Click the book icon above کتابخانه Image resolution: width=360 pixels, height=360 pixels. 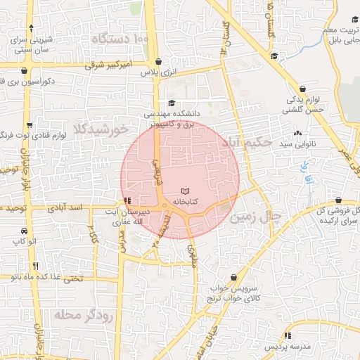[185, 191]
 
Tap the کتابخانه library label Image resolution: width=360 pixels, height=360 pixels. [185, 202]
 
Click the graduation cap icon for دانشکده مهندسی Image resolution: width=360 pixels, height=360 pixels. [171, 103]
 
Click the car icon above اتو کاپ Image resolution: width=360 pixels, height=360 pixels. [24, 231]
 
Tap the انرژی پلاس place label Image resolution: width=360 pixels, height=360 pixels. [156, 72]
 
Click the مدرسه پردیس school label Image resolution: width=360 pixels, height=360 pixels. [286, 348]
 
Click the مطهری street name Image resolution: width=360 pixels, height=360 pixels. [193, 257]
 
